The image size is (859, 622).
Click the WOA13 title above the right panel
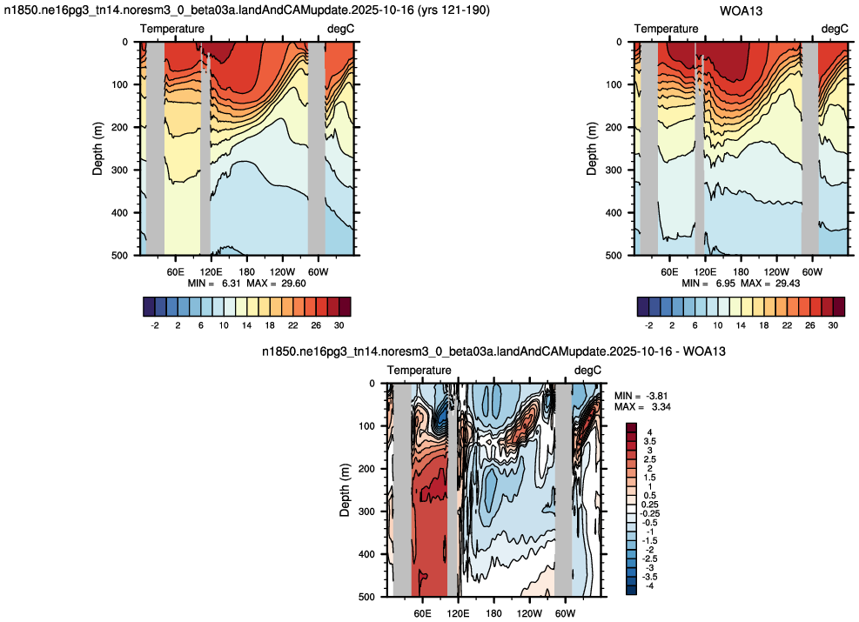[741, 10]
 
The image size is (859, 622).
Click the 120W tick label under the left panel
[282, 271]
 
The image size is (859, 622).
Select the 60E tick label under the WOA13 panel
[669, 271]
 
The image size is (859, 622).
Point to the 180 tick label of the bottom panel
[493, 613]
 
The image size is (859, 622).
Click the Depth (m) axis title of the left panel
[98, 149]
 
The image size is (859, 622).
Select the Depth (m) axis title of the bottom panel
[345, 490]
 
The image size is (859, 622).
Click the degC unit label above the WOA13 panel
[835, 29]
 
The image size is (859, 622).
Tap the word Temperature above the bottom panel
[419, 370]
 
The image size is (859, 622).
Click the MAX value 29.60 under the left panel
[293, 283]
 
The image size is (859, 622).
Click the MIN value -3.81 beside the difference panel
[656, 396]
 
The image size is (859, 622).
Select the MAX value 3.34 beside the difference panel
[661, 407]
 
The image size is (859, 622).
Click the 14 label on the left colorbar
[246, 325]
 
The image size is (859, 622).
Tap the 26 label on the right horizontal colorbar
[809, 325]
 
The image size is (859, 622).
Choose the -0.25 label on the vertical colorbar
[651, 513]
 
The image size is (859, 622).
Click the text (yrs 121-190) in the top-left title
[454, 10]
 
